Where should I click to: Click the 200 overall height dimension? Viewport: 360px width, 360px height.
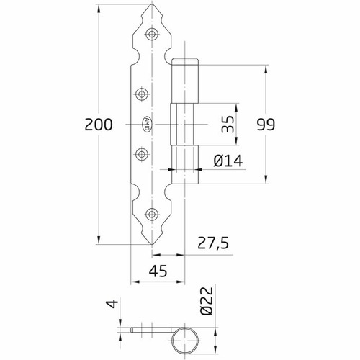(x=99, y=125)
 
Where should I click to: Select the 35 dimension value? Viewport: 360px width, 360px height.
(x=228, y=124)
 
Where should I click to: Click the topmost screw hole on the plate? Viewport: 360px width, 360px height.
(x=152, y=34)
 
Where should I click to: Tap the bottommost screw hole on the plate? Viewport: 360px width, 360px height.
(x=152, y=214)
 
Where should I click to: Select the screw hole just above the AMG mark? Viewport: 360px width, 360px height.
(x=142, y=92)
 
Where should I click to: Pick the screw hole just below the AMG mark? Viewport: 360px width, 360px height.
(x=142, y=152)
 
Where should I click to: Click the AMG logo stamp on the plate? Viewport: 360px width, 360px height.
(x=147, y=123)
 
